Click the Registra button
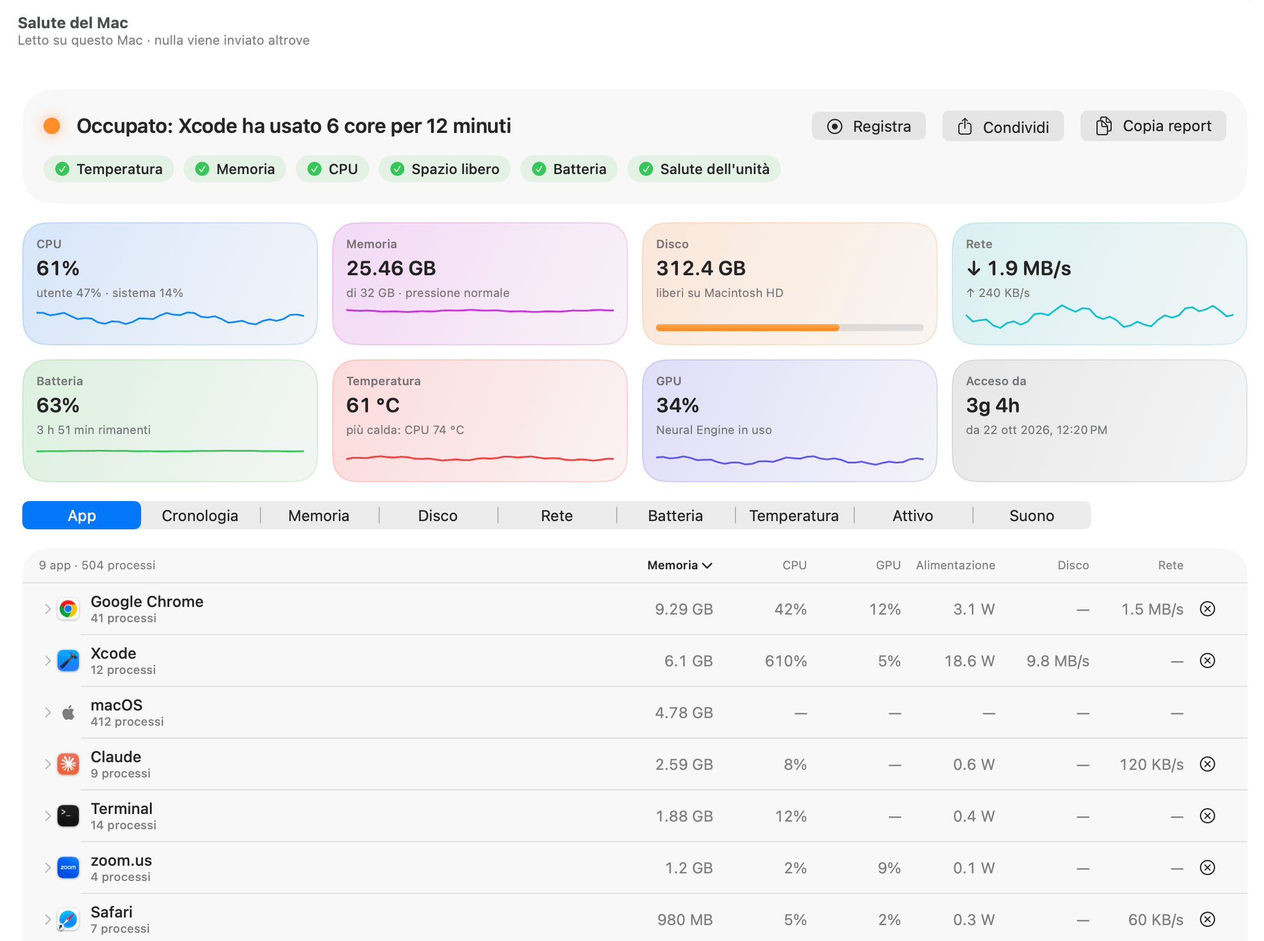(x=868, y=126)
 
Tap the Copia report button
(x=1153, y=126)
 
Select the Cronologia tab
(x=200, y=516)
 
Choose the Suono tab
(x=1032, y=516)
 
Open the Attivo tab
(x=912, y=516)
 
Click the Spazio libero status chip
(x=444, y=169)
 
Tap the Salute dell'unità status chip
(x=704, y=169)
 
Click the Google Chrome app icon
(x=68, y=609)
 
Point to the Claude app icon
(x=68, y=765)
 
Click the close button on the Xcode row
(x=1208, y=661)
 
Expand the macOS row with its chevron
(x=48, y=713)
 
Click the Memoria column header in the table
(x=680, y=565)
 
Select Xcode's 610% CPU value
(x=785, y=661)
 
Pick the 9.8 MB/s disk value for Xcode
(x=1058, y=661)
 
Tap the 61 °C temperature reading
(x=373, y=405)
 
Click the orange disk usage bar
(x=747, y=328)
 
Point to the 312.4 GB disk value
(x=701, y=268)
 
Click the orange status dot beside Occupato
(x=52, y=126)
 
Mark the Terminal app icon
(x=68, y=816)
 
